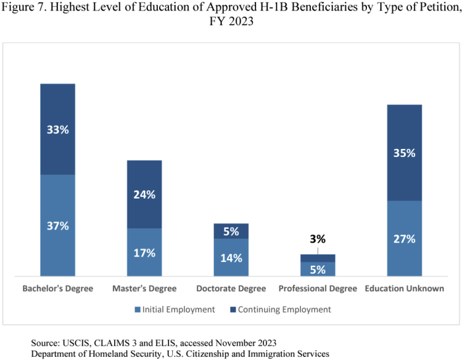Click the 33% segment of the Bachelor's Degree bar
(x=57, y=129)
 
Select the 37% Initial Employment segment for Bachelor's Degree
(x=57, y=225)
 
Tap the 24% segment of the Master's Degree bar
(x=144, y=195)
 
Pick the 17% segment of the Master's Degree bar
(x=144, y=252)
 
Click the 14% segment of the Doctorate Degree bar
(x=231, y=257)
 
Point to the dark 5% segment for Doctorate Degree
(x=231, y=231)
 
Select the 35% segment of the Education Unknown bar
(x=404, y=153)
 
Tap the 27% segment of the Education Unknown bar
(x=404, y=238)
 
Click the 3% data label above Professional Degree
(x=317, y=239)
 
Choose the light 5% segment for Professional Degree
(x=317, y=268)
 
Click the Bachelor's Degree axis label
(x=57, y=289)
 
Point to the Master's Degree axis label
(x=145, y=289)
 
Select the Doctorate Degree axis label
(x=231, y=289)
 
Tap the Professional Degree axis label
(x=317, y=289)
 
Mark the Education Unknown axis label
(x=405, y=289)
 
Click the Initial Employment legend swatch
(x=138, y=309)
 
